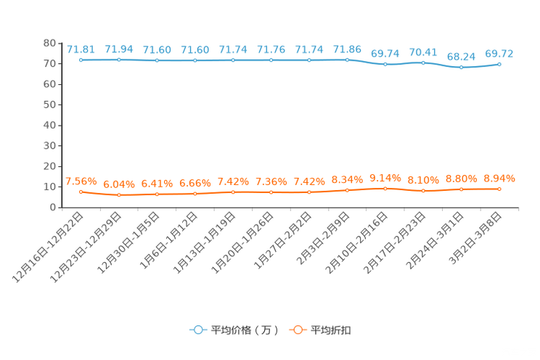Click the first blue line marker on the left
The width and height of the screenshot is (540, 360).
(x=81, y=60)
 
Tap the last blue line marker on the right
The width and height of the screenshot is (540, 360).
(x=499, y=64)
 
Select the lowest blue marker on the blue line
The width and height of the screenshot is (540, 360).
(x=461, y=67)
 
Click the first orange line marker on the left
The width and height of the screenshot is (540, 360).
(x=81, y=192)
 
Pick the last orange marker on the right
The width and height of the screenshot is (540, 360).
(x=499, y=189)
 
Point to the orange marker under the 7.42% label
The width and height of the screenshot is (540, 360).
(x=233, y=192)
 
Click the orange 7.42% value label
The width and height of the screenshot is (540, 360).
(x=233, y=181)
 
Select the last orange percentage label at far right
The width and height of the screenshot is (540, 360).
(x=499, y=177)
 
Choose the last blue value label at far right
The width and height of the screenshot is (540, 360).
(x=499, y=53)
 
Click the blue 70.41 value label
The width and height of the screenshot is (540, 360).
(x=423, y=52)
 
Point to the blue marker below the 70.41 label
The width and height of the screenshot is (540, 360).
(x=423, y=62)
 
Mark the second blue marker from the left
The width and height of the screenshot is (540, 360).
(x=119, y=60)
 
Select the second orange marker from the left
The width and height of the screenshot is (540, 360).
(x=119, y=195)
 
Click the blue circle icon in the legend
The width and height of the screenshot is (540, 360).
(x=197, y=330)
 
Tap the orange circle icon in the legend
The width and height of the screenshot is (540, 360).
(x=297, y=330)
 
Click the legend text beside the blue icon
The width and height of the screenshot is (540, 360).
(x=244, y=330)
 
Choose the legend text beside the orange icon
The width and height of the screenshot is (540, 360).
(x=331, y=330)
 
